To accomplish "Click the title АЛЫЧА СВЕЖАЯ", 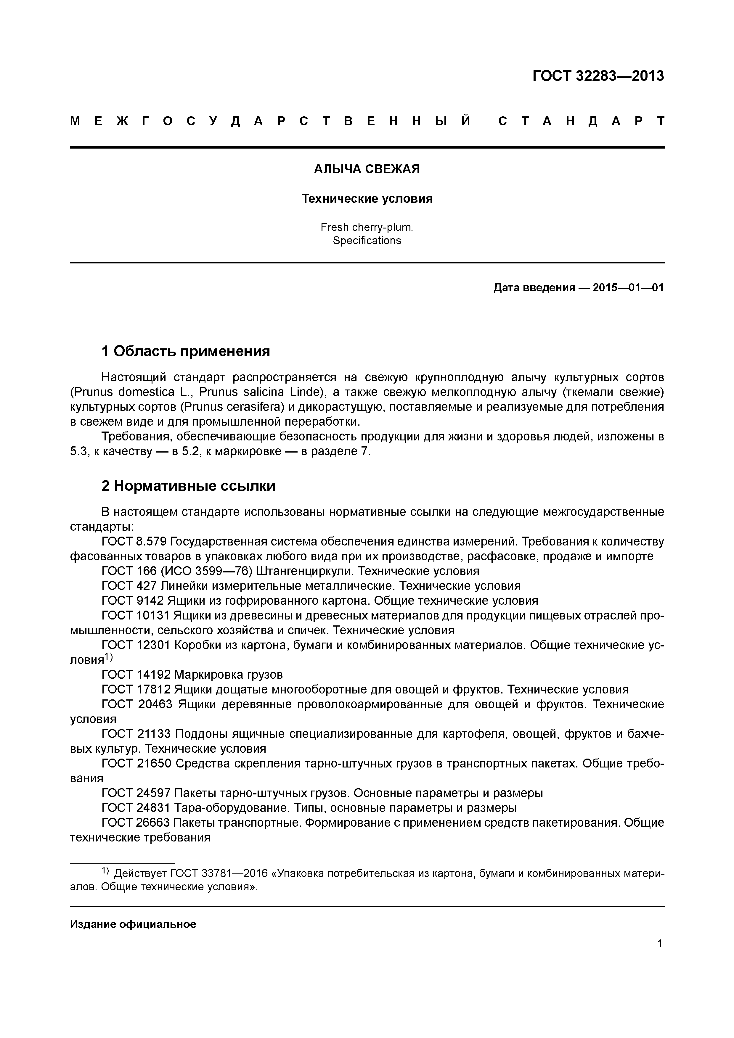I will (x=367, y=169).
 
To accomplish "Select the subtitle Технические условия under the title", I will (x=367, y=199).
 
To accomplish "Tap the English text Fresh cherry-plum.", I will (x=367, y=227).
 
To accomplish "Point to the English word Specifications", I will (x=367, y=241).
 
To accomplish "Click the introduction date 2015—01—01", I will (x=628, y=287).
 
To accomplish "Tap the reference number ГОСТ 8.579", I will (x=135, y=542).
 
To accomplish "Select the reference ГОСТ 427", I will (x=129, y=586).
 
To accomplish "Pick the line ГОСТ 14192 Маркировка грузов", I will (x=192, y=675).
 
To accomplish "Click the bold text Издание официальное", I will (x=133, y=924).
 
